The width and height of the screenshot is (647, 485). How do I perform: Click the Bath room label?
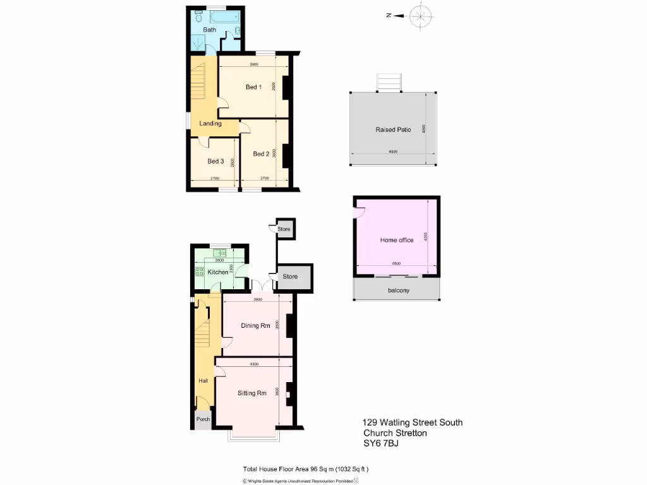(x=210, y=30)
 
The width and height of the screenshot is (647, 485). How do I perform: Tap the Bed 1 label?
(x=253, y=87)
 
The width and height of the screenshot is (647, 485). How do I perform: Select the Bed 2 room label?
(x=261, y=153)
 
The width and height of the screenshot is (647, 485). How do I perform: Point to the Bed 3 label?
(x=216, y=162)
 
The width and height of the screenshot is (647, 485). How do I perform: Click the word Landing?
(x=210, y=124)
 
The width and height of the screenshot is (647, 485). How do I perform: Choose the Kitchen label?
(x=218, y=272)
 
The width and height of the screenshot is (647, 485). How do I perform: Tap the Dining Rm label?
(x=256, y=326)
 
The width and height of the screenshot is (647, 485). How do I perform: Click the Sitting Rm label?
(x=252, y=393)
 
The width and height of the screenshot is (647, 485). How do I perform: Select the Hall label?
(x=203, y=381)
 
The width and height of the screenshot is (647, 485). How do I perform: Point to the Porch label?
(x=203, y=419)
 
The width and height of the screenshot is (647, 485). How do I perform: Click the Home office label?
(x=397, y=240)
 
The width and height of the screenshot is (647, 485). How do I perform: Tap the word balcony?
(x=398, y=290)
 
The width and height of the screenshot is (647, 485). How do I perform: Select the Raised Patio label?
(x=393, y=129)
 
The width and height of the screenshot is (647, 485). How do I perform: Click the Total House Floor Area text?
(x=306, y=469)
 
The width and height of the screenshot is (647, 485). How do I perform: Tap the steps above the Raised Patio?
(x=389, y=82)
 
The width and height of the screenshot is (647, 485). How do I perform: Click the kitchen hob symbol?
(x=200, y=272)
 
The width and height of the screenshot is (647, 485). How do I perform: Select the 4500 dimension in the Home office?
(x=396, y=263)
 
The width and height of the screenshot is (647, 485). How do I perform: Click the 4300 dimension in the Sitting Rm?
(x=254, y=364)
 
